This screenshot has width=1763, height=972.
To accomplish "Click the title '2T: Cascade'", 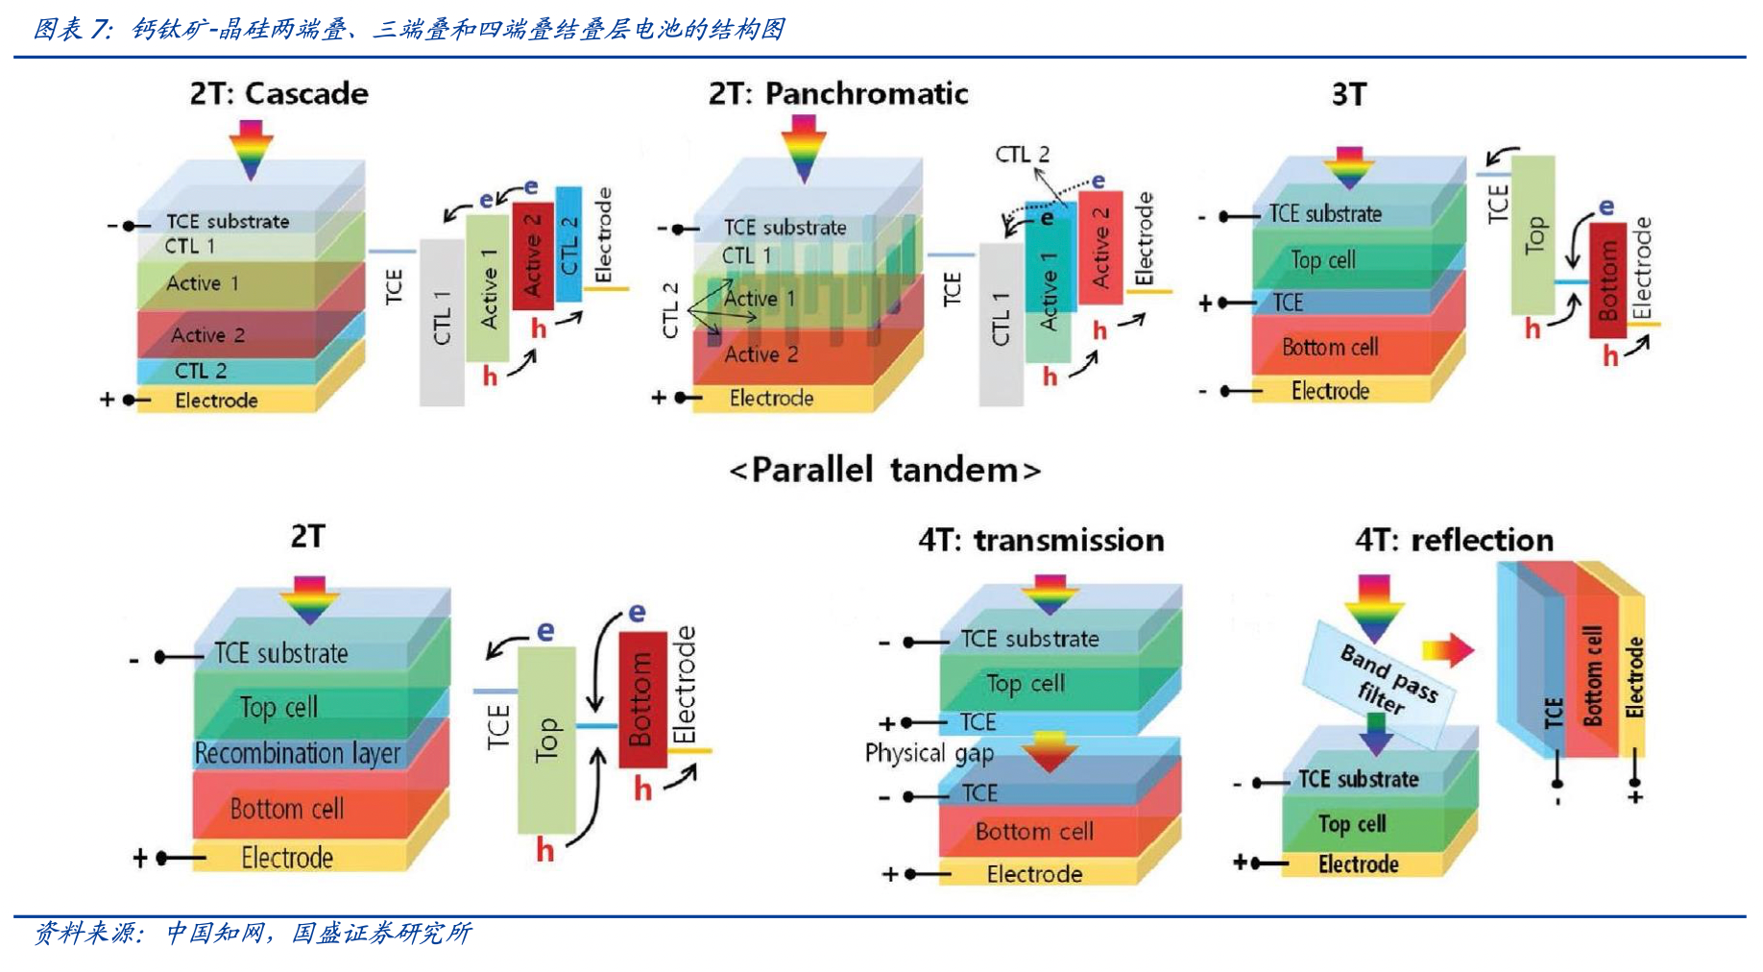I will [x=278, y=94].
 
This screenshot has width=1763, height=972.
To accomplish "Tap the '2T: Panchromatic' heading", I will [x=837, y=94].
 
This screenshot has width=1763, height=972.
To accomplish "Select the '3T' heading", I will [x=1348, y=94].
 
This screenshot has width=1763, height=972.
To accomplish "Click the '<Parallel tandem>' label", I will [x=884, y=471].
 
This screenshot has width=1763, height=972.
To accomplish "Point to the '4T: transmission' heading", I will [x=1041, y=541].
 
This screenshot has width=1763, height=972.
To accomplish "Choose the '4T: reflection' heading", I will [x=1454, y=541].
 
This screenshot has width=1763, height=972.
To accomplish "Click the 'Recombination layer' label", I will [x=297, y=754].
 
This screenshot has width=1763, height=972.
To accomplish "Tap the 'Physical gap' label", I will [x=929, y=753].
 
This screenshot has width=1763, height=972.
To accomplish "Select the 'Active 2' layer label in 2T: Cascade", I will [x=207, y=335].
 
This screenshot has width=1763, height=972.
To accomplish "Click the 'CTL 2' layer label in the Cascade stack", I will [x=200, y=371].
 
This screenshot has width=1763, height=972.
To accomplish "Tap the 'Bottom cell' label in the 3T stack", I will [x=1329, y=347].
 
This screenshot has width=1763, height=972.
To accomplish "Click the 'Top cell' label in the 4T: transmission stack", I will [x=1025, y=684].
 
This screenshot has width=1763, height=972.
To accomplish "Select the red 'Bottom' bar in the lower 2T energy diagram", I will [x=641, y=699].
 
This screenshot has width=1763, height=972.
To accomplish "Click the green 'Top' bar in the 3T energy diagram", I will [x=1533, y=235].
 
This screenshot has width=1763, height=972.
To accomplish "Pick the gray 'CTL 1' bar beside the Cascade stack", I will [x=442, y=322].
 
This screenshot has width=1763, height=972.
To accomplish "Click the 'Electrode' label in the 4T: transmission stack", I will [x=1034, y=874].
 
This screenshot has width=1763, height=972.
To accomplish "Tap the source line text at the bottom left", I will [x=252, y=934].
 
